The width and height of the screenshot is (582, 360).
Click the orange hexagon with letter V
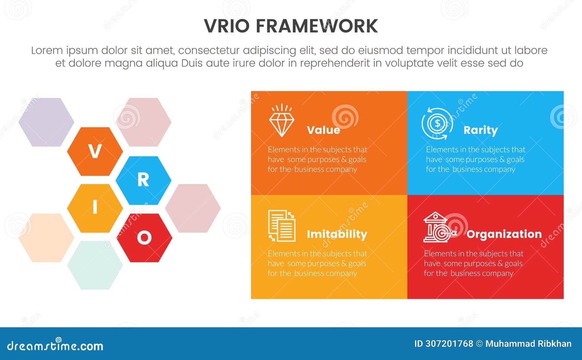pyautogui.click(x=95, y=151)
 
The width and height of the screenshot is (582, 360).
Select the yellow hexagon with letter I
pyautogui.click(x=95, y=208)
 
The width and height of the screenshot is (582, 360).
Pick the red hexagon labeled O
pyautogui.click(x=144, y=238)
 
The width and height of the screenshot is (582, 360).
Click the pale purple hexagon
pyautogui.click(x=46, y=122)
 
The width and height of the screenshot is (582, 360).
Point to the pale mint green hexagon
pyautogui.click(x=95, y=265)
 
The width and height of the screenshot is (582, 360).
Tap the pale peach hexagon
pyautogui.click(x=46, y=238)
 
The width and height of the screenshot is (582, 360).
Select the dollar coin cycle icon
pyautogui.click(x=437, y=124)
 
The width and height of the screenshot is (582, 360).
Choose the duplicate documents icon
pyautogui.click(x=282, y=226)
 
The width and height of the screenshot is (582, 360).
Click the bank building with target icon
pyautogui.click(x=439, y=227)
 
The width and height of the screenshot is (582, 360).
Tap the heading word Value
pyautogui.click(x=323, y=130)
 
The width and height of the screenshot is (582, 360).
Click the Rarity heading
pyautogui.click(x=481, y=130)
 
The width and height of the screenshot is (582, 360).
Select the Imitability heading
pyautogui.click(x=337, y=234)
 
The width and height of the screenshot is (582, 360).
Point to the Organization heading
pyautogui.click(x=504, y=234)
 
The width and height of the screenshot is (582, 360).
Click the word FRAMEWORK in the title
pyautogui.click(x=316, y=26)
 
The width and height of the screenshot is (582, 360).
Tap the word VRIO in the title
pyautogui.click(x=227, y=26)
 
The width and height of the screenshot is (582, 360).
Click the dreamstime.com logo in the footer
pyautogui.click(x=55, y=345)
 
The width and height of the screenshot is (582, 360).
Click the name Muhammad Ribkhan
pyautogui.click(x=528, y=344)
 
